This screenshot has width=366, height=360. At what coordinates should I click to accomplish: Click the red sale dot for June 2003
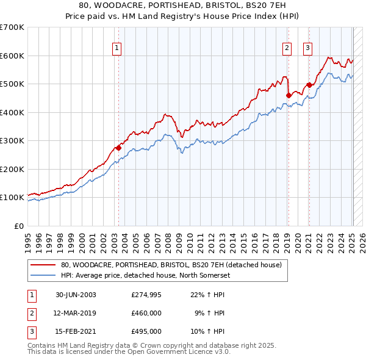tap(119, 147)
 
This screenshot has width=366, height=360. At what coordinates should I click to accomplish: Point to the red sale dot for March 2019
tap(288, 95)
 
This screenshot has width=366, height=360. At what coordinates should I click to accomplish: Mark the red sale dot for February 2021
tap(309, 85)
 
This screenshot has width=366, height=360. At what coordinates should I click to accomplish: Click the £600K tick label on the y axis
tap(12, 56)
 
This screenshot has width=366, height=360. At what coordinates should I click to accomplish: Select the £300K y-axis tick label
tap(12, 140)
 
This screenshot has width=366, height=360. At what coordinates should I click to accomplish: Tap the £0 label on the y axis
tap(18, 226)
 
